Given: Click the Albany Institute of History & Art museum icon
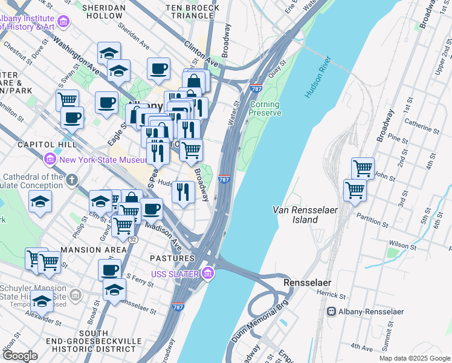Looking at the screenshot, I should coord(63,22).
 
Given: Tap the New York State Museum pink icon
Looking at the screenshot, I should coord(50,160).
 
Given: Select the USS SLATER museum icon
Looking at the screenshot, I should coord(208,274).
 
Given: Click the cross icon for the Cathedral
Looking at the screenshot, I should coord(71,180).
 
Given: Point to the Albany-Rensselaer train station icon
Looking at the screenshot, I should coord(331,312).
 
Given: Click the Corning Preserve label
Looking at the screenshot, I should coord(265,108).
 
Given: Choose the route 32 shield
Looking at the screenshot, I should coord(132,240).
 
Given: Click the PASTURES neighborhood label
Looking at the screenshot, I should coord(172,258).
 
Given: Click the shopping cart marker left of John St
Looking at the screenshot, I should coord(362,168).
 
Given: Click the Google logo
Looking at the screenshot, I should coord(20,356).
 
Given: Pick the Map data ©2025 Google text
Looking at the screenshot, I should coord(414,358).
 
